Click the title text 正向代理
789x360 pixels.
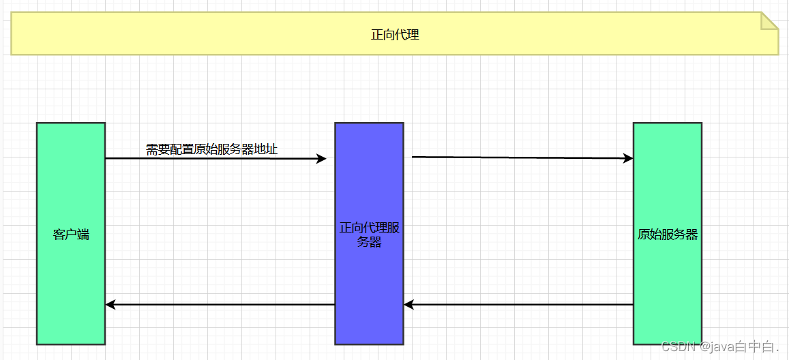[394, 35]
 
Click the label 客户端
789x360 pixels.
[71, 235]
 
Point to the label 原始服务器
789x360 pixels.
[668, 235]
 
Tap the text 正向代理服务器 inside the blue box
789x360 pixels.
[369, 235]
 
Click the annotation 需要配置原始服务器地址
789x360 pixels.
[211, 149]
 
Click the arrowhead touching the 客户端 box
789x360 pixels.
[110, 305]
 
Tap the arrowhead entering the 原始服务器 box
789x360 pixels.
[628, 158]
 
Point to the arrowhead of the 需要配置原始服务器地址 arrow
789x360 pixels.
[321, 159]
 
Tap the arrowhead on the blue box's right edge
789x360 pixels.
[408, 305]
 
